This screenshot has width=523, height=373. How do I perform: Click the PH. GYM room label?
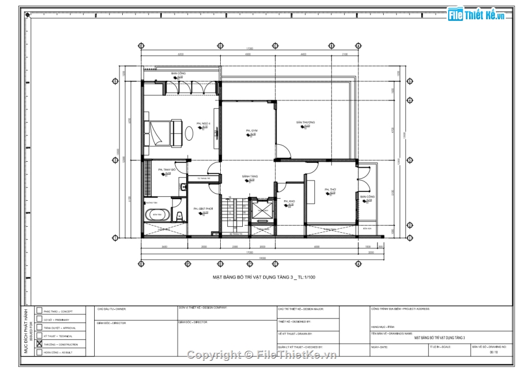click(x=252, y=131)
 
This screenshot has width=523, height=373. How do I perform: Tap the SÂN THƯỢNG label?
click(x=305, y=122)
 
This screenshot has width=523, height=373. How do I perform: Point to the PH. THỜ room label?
click(x=330, y=189)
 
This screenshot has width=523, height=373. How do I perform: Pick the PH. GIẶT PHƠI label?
click(x=203, y=209)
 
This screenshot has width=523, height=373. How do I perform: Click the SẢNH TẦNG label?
click(x=250, y=177)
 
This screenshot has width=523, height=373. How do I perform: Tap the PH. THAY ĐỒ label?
click(x=166, y=170)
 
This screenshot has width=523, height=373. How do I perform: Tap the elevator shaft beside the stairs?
click(x=262, y=211)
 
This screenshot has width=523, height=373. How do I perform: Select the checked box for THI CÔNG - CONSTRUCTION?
click(x=39, y=344)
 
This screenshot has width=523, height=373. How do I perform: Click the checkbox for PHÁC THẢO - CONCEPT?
click(x=39, y=310)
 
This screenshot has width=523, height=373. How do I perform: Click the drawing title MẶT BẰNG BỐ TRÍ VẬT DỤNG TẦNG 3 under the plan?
click(x=264, y=277)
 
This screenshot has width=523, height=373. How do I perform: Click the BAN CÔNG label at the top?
click(x=178, y=73)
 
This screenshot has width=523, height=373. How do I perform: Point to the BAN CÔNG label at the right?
click(x=367, y=196)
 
